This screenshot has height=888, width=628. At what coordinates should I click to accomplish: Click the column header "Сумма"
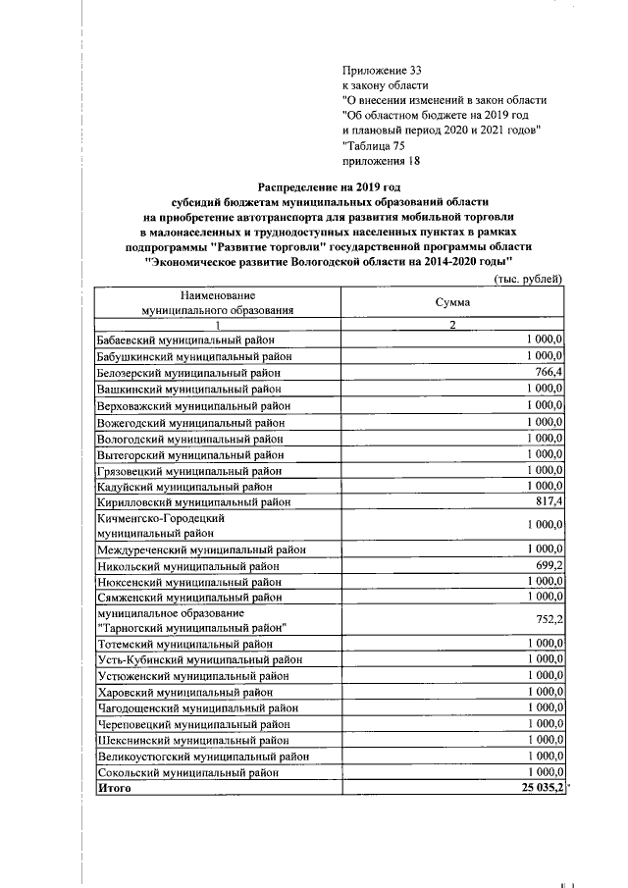[x=452, y=303]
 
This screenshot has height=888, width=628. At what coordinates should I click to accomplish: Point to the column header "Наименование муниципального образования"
[x=217, y=302]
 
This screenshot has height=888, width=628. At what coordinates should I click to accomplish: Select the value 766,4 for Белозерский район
[x=547, y=372]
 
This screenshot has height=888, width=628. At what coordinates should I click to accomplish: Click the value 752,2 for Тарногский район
[x=547, y=620]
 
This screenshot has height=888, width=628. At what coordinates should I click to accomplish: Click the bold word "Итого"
[x=115, y=790]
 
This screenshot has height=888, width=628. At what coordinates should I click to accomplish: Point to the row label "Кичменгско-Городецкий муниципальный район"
[x=161, y=525]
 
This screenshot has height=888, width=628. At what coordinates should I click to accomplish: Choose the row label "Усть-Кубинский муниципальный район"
[x=199, y=659]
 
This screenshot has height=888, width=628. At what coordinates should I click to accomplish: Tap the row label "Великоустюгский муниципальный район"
[x=203, y=757]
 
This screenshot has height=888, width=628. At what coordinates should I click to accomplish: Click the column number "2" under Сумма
[x=452, y=325]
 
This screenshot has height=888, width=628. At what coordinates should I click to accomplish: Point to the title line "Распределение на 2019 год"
[x=331, y=185]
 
